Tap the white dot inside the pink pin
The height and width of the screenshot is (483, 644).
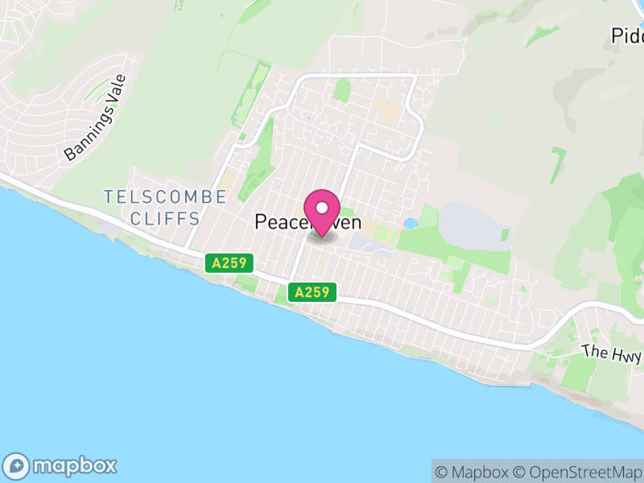point(322,208)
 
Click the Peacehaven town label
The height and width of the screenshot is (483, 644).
point(308,222)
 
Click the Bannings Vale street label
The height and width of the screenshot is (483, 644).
point(96,118)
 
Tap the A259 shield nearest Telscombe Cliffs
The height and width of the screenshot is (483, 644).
point(229,262)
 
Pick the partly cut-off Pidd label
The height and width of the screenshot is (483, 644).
point(627,36)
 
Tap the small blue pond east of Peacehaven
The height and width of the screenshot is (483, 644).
point(411,223)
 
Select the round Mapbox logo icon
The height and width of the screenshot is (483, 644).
point(18,465)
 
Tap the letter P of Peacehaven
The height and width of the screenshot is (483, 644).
point(262,222)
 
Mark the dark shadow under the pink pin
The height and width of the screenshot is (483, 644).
point(322,234)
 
